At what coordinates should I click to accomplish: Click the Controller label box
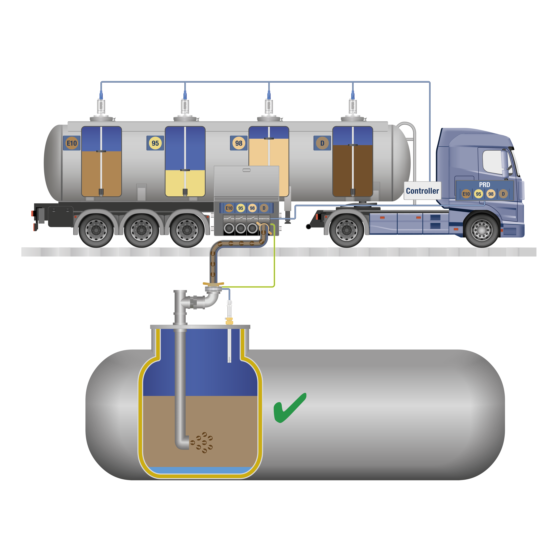click(422, 191)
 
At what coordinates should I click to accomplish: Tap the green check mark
click(289, 408)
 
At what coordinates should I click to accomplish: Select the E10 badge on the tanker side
click(72, 143)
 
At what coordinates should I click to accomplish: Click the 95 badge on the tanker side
click(155, 143)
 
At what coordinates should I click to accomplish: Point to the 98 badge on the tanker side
click(239, 143)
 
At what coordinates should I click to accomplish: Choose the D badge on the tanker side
click(322, 143)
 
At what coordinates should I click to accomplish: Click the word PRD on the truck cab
click(484, 185)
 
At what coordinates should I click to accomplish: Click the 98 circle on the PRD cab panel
click(491, 194)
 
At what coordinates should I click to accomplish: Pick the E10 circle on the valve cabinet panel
click(229, 208)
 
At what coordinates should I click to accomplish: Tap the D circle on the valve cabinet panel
click(264, 208)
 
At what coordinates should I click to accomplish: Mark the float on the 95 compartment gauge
click(185, 170)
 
